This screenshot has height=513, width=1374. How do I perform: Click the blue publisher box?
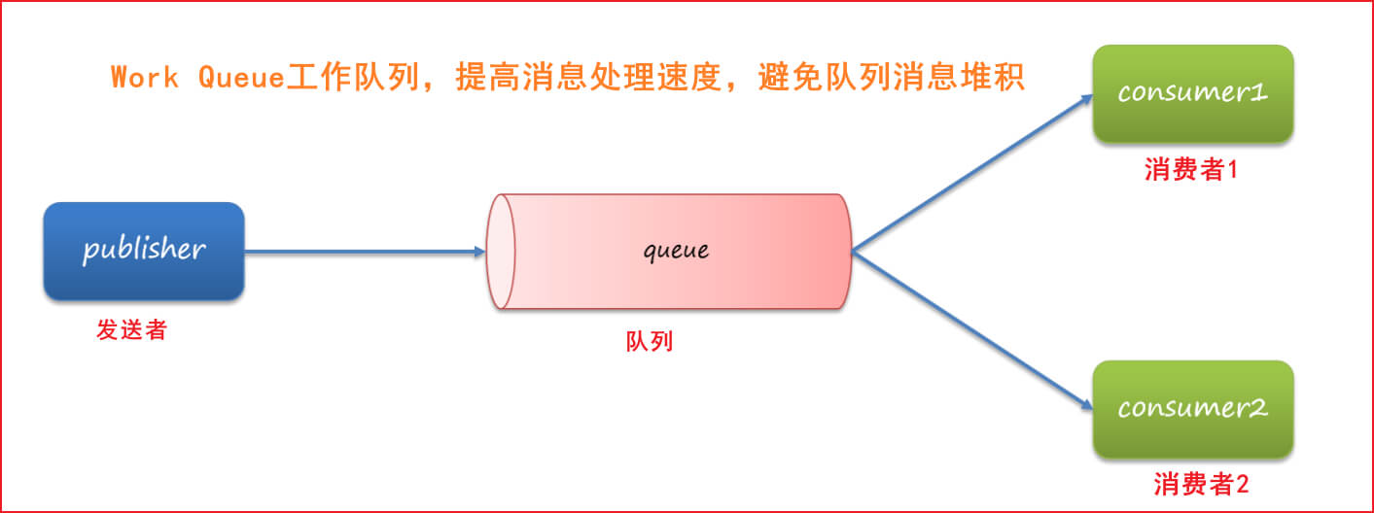pyautogui.click(x=143, y=251)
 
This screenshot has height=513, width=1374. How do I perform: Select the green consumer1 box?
pyautogui.click(x=1193, y=94)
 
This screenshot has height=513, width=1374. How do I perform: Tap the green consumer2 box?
pyautogui.click(x=1193, y=409)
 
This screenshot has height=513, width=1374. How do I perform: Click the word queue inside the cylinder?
pyautogui.click(x=677, y=251)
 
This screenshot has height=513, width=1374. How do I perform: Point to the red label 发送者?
pyautogui.click(x=131, y=330)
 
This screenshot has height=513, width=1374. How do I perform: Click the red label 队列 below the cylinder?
pyautogui.click(x=649, y=341)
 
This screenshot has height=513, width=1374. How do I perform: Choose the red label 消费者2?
pyautogui.click(x=1201, y=484)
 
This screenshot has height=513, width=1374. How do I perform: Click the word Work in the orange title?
pyautogui.click(x=145, y=79)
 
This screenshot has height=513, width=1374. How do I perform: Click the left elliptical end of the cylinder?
pyautogui.click(x=501, y=252)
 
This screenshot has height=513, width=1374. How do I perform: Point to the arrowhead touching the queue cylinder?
pyautogui.click(x=478, y=252)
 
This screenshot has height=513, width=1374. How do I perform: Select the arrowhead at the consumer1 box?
pyautogui.click(x=1086, y=99)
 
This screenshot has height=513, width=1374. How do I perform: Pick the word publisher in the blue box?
pyautogui.click(x=144, y=250)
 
